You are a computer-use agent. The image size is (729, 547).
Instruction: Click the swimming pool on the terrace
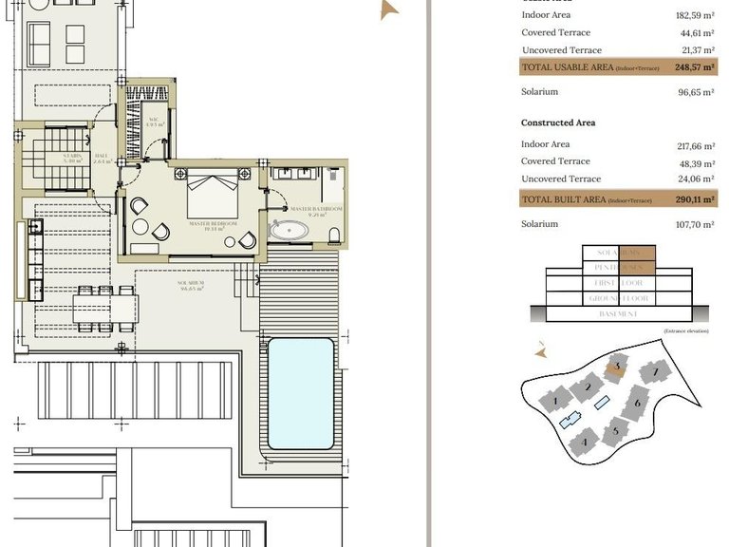point(300,393)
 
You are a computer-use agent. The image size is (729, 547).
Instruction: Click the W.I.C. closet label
point(156,121)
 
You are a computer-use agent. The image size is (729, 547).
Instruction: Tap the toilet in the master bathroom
point(332,234)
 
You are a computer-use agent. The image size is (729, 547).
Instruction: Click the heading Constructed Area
point(558,123)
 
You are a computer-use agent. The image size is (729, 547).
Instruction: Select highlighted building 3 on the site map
point(615,367)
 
